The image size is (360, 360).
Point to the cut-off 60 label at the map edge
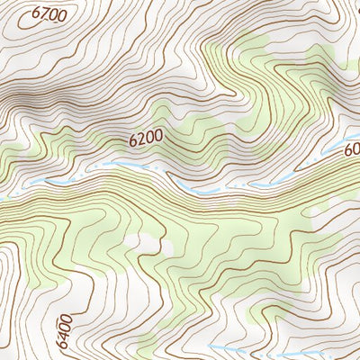[351, 152]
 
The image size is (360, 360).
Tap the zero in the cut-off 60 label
[355, 151]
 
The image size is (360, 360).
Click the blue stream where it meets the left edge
[4, 197]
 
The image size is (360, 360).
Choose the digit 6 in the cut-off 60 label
[347, 153]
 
